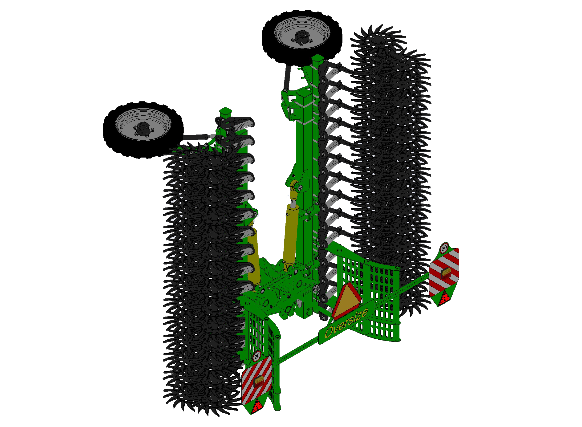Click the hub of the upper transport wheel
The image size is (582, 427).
click(301, 37)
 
